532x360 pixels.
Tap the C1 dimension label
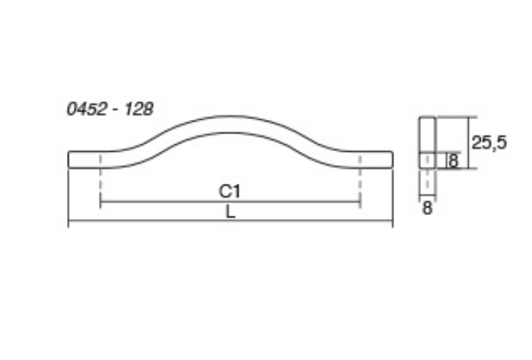pyautogui.click(x=230, y=191)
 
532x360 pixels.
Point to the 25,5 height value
pyautogui.click(x=489, y=142)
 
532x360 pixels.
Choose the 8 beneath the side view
pyautogui.click(x=427, y=208)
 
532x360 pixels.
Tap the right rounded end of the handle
pyautogui.click(x=390, y=159)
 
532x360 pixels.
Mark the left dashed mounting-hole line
pyautogui.click(x=101, y=178)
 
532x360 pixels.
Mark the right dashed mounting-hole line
pyautogui.click(x=360, y=178)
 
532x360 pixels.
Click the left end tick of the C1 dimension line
pyautogui.click(x=101, y=204)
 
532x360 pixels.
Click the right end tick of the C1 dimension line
pyautogui.click(x=360, y=204)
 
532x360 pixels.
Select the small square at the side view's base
pyautogui.click(x=428, y=161)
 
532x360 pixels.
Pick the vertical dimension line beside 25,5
pyautogui.click(x=468, y=143)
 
